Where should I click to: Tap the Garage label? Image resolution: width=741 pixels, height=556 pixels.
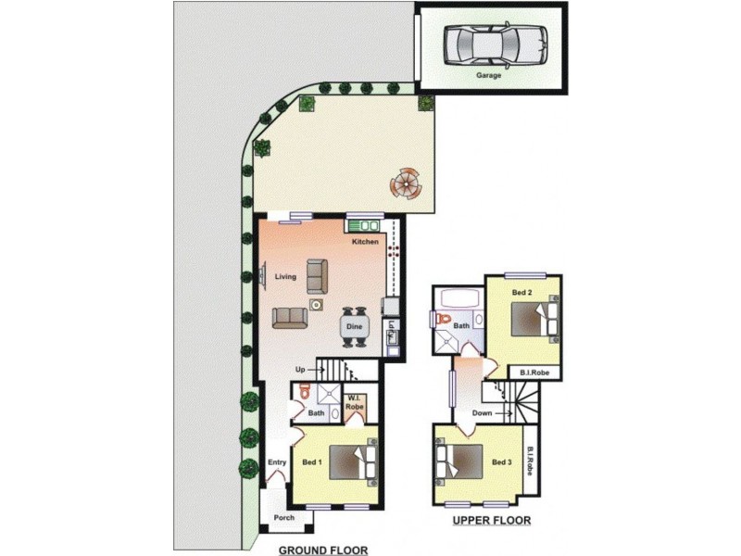point(488,76)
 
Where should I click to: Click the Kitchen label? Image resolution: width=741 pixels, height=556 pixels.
point(365,242)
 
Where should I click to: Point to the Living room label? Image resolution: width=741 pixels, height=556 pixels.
point(284,276)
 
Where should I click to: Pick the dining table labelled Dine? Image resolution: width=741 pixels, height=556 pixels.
point(354,326)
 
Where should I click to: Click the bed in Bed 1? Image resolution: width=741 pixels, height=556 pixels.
point(355,461)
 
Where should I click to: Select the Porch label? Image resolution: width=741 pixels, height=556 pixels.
point(284,517)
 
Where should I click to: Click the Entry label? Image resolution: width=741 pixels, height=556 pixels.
point(277,462)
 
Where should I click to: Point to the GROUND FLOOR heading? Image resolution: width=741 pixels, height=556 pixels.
point(323,549)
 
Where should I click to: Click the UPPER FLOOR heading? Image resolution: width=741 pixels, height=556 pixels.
point(492,521)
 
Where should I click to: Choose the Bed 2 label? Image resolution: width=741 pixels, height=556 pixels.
point(522,292)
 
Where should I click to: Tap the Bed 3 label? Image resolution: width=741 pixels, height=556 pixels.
point(501,462)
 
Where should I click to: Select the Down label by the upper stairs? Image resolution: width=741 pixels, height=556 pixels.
point(482,413)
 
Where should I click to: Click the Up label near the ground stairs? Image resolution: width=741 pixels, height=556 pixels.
point(300,370)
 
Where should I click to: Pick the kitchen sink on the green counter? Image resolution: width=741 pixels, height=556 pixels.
point(364,224)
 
